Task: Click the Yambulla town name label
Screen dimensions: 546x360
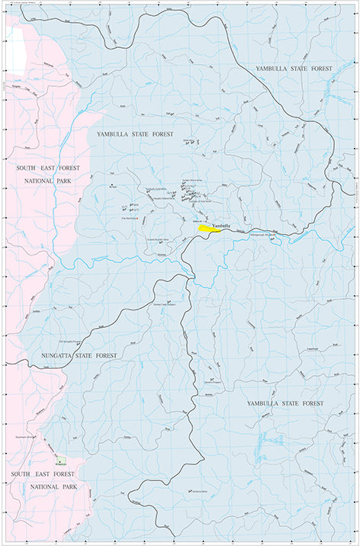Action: (221, 225)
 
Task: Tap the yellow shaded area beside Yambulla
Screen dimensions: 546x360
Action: (207, 228)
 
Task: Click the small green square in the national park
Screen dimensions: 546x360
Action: (59, 460)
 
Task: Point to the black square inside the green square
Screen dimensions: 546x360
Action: (59, 460)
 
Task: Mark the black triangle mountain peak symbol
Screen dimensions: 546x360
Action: (113, 185)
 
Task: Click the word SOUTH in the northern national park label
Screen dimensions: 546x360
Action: (27, 166)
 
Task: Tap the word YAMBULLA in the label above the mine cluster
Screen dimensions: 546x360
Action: (115, 133)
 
